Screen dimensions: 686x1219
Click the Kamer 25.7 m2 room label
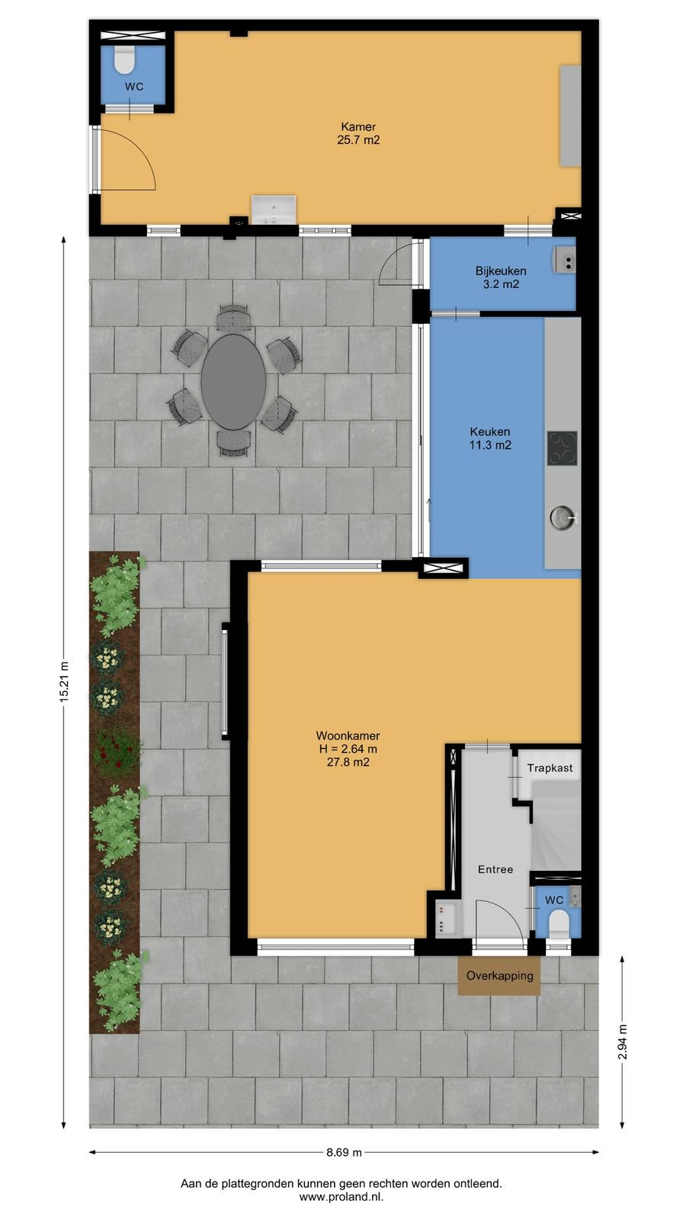(x=358, y=133)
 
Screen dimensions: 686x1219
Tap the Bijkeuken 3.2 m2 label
(x=501, y=277)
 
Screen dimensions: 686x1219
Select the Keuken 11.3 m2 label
(x=490, y=438)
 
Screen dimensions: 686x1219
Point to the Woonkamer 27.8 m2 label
(x=348, y=749)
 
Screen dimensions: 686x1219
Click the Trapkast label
(x=550, y=768)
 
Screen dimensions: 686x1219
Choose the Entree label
(x=495, y=869)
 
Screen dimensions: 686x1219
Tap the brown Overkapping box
(x=499, y=976)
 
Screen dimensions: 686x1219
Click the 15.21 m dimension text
(x=64, y=681)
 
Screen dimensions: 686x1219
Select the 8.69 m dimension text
(x=344, y=1152)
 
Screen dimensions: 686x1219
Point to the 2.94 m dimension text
(x=623, y=1041)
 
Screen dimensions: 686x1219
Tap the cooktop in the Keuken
(x=563, y=449)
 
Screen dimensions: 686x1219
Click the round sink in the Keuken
(x=562, y=517)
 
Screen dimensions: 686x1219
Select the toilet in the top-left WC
(x=125, y=59)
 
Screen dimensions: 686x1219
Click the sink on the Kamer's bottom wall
(x=274, y=210)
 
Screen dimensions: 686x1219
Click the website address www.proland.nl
(x=341, y=1197)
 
